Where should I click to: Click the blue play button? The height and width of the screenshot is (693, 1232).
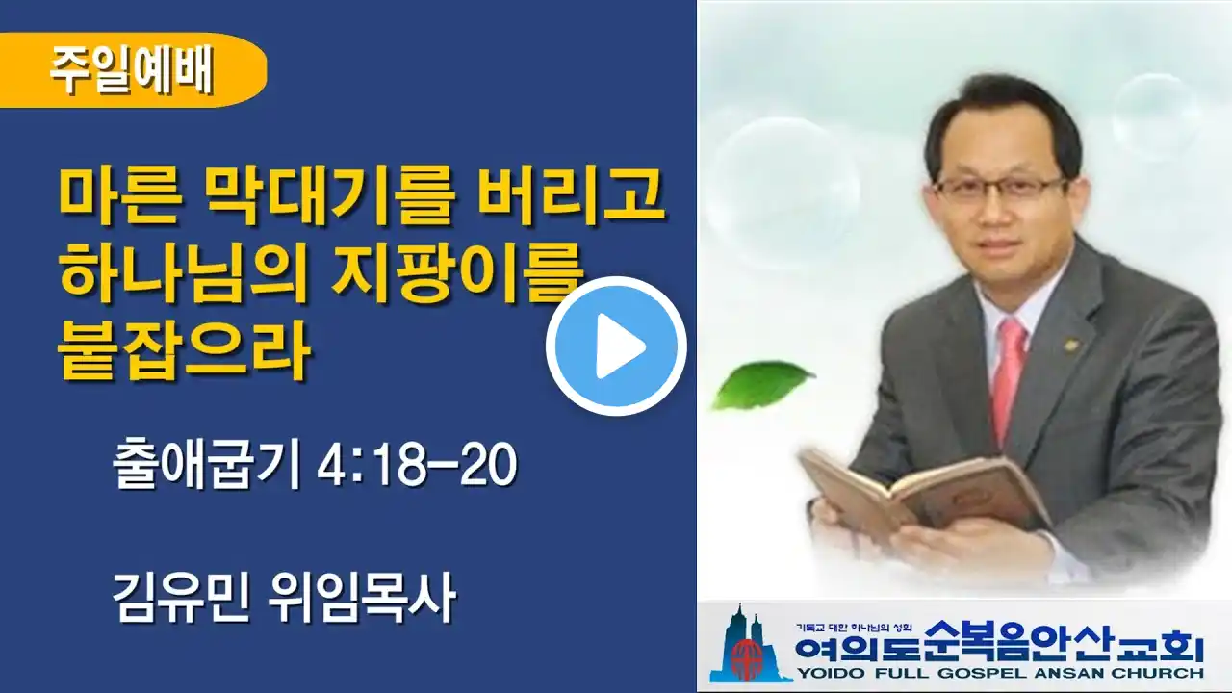(x=616, y=346)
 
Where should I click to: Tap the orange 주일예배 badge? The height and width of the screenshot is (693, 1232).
(x=132, y=70)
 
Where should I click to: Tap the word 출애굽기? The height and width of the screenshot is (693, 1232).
(x=207, y=465)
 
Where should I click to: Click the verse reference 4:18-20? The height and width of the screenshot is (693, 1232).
(x=417, y=465)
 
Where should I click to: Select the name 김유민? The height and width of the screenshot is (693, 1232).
(x=183, y=596)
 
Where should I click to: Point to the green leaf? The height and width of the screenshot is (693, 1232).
(x=762, y=383)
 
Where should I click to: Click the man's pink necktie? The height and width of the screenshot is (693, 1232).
(x=1009, y=379)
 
